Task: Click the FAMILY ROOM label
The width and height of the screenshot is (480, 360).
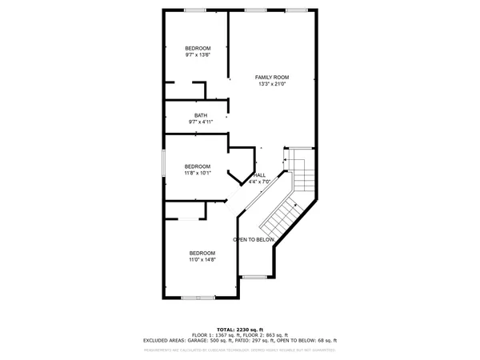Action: pyautogui.click(x=271, y=77)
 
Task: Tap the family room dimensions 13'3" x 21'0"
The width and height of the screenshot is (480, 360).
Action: pyautogui.click(x=271, y=83)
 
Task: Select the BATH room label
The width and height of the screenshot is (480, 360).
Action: pyautogui.click(x=200, y=115)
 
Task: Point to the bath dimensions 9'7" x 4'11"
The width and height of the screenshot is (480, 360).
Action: pyautogui.click(x=200, y=122)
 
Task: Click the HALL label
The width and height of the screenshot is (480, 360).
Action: pyautogui.click(x=260, y=175)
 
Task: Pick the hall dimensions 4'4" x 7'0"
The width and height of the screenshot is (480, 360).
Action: pyautogui.click(x=260, y=182)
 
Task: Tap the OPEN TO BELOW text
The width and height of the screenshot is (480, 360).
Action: pyautogui.click(x=254, y=240)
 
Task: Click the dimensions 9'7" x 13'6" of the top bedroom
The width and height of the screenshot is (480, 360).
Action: pyautogui.click(x=198, y=55)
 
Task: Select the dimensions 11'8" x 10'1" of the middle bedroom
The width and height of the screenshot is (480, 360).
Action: pyautogui.click(x=197, y=173)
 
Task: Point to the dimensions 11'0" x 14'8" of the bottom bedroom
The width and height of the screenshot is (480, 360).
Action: pyautogui.click(x=202, y=260)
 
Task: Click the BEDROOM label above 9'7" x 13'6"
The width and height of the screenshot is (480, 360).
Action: pyautogui.click(x=198, y=48)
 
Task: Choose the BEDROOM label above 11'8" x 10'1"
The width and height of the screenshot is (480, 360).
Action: pyautogui.click(x=197, y=166)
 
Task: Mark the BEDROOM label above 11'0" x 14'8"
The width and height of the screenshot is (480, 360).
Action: pyautogui.click(x=202, y=254)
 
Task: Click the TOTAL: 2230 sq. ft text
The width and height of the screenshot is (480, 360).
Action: pyautogui.click(x=240, y=330)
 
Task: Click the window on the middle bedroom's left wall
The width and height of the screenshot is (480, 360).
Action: pyautogui.click(x=163, y=163)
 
